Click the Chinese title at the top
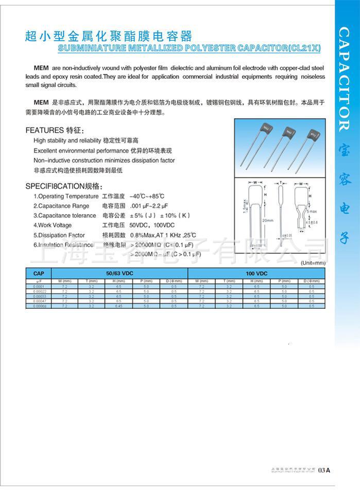coord(108,36)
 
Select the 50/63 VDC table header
coord(119,273)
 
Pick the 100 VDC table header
coord(256,273)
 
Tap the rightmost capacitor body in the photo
coord(311,135)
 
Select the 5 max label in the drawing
coord(313,212)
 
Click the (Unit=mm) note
coord(313,262)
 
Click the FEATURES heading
coord(44,130)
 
